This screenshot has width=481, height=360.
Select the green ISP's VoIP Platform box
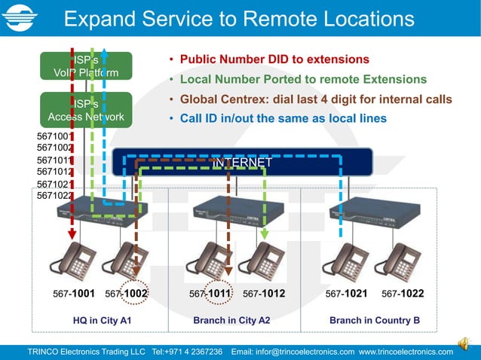click(x=85, y=66)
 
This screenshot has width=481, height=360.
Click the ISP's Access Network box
click(x=85, y=109)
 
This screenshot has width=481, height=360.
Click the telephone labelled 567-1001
click(x=72, y=259)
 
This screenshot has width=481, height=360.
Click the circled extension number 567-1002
click(x=127, y=294)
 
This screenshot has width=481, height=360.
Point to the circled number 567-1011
click(x=211, y=294)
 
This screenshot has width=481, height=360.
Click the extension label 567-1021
click(x=346, y=294)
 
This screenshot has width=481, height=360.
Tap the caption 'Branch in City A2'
click(x=231, y=320)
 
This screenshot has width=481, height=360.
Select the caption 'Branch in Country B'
click(x=374, y=320)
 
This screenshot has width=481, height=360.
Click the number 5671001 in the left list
click(x=54, y=136)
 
